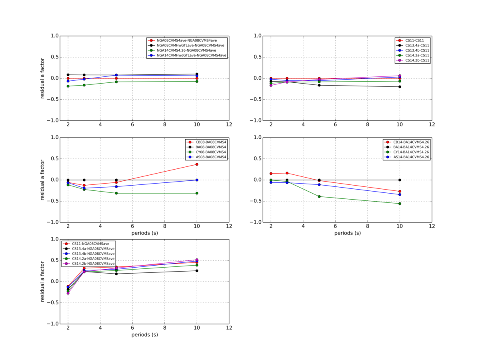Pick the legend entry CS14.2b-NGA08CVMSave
coord(94,264)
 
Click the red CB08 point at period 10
coord(197,164)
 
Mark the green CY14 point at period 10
coord(400,204)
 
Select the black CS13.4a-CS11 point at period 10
coord(400,87)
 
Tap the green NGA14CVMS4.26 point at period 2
coord(68,86)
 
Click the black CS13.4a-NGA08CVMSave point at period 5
coord(116,274)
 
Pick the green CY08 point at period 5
coord(116,193)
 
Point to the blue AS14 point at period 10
coord(400,194)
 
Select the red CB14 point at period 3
coord(287,173)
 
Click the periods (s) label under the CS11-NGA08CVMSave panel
coord(144,334)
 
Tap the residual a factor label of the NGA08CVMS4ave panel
coord(42,78)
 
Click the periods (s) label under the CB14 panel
coord(347,233)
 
